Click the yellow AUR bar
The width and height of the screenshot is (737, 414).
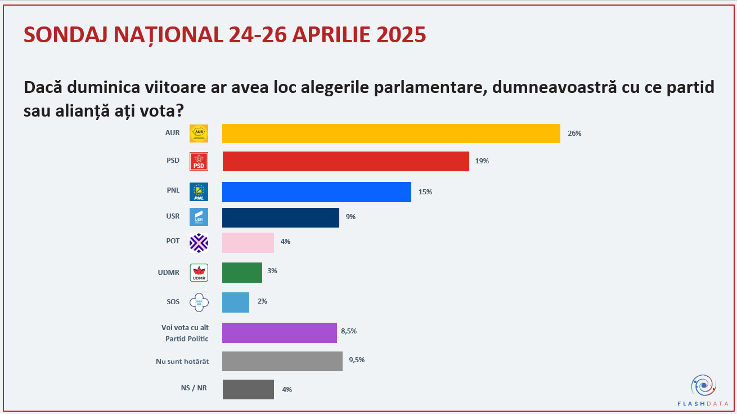391,133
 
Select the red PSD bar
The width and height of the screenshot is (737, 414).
345,161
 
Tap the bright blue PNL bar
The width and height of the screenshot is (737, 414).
316,192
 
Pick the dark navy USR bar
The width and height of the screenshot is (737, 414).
280,217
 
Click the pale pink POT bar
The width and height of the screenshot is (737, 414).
248,242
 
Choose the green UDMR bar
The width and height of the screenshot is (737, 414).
242,272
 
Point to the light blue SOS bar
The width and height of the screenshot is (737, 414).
235,302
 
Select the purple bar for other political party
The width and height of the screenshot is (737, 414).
279,332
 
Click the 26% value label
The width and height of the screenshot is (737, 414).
574,133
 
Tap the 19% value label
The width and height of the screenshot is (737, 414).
482,161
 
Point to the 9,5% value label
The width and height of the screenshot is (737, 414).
357,360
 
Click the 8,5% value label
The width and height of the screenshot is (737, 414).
349,331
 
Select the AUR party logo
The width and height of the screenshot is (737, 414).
199,133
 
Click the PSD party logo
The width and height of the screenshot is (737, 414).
199,161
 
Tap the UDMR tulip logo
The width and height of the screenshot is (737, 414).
199,272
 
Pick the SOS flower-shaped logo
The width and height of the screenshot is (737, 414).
199,302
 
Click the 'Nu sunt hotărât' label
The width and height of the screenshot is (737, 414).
182,361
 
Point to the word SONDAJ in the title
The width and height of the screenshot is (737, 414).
65,35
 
